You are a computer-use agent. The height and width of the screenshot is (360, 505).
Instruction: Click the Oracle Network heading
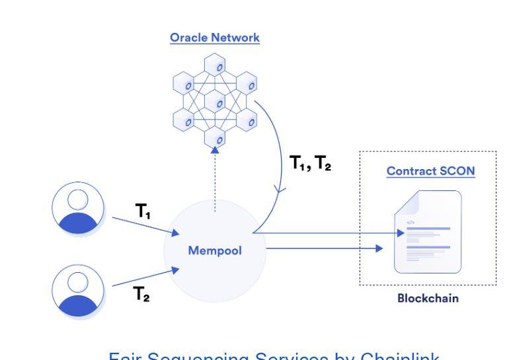[x=215, y=38]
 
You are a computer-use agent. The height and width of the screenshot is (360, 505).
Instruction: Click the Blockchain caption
[x=428, y=298]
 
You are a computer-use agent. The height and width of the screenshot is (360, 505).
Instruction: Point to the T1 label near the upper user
[x=143, y=211]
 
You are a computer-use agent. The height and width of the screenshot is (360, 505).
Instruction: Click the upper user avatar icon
[x=78, y=208]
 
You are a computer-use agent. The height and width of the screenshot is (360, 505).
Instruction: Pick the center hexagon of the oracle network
[x=215, y=102]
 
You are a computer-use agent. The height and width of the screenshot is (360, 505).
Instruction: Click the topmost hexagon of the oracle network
[x=215, y=65]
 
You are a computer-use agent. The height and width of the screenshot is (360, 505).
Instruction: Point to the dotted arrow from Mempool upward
[x=215, y=182]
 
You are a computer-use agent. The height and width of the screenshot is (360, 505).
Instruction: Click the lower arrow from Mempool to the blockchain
[x=324, y=249]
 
